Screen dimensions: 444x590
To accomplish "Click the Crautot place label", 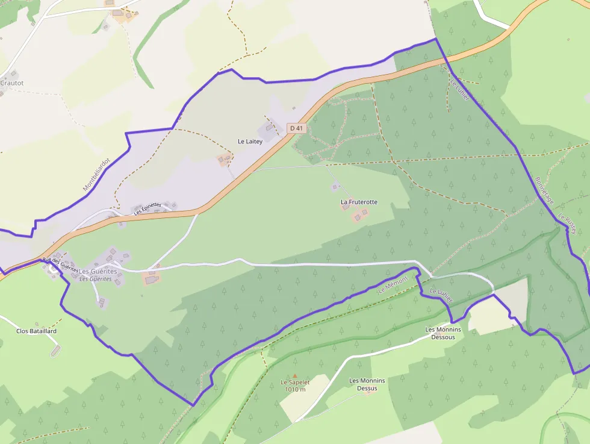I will point(11,83).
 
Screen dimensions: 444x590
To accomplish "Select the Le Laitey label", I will point(250,141).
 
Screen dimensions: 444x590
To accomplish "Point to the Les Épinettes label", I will point(147,208).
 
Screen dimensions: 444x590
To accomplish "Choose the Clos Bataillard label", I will point(36,331).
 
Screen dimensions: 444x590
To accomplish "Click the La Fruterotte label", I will point(359,202).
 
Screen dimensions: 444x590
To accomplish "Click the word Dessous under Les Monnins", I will point(443,337).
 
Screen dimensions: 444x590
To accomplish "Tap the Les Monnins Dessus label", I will point(367,384).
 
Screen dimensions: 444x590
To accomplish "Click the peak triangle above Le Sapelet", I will point(295,376).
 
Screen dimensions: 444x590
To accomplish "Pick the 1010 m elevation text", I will point(295,389).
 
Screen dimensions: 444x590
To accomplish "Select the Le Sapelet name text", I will point(295,383).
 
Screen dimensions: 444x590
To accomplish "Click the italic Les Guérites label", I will point(96,279).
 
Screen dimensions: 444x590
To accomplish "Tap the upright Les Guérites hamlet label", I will point(98,272).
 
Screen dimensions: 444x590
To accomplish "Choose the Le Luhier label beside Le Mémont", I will point(440,295).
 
